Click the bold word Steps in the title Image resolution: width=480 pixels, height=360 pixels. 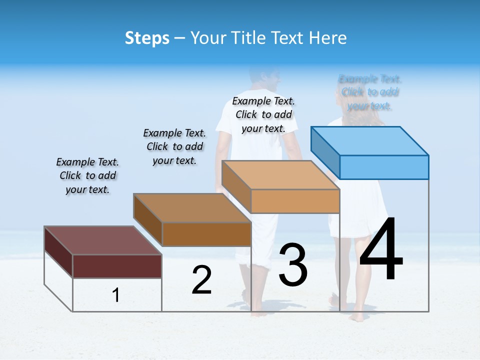[147, 38]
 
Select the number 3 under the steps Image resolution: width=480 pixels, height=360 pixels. [293, 264]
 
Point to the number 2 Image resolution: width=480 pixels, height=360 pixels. [201, 280]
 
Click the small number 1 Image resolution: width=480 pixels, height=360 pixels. [116, 295]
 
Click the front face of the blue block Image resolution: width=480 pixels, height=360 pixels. [384, 167]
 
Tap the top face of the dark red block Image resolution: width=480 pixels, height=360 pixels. [102, 240]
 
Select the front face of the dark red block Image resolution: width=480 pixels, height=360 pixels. [117, 266]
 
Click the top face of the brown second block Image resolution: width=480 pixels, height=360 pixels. [192, 207]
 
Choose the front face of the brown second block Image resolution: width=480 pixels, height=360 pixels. [206, 234]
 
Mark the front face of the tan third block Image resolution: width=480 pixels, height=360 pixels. [295, 201]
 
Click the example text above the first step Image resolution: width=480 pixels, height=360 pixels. [87, 175]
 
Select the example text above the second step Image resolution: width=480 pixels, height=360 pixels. [174, 146]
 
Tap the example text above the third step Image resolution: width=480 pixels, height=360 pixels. [263, 114]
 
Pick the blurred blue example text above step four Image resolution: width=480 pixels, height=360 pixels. [370, 92]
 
